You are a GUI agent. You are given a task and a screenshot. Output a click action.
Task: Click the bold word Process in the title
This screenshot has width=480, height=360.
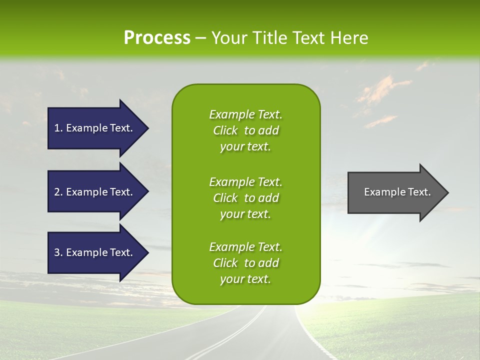(x=157, y=38)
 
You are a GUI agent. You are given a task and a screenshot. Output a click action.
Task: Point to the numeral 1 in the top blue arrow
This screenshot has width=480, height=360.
(x=56, y=128)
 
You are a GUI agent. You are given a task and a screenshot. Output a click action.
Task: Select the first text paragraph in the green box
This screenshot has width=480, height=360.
(x=245, y=130)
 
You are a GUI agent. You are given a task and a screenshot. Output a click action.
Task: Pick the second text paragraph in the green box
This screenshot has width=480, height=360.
(x=245, y=198)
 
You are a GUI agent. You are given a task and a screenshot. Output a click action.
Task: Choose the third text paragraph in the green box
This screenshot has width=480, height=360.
(x=245, y=263)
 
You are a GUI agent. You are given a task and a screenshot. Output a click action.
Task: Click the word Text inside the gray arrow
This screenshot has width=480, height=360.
(x=420, y=192)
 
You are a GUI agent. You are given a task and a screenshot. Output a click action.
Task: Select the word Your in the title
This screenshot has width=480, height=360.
(x=228, y=38)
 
